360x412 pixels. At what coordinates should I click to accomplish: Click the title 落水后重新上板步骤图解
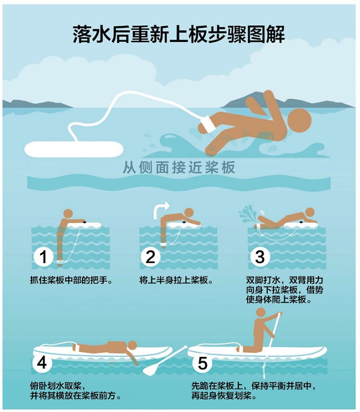pos(179,35)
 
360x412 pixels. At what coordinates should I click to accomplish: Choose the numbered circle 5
pos(202,363)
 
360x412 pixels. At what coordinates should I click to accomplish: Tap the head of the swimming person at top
pos(299,120)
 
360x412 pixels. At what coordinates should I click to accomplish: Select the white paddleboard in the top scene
pos(73,150)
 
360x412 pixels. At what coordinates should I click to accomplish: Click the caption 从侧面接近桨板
pos(179,167)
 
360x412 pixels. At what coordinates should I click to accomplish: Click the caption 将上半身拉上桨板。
pos(176,281)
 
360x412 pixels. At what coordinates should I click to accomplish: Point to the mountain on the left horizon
pos(34,104)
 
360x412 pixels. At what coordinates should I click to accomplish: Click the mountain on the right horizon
pos(298,99)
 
